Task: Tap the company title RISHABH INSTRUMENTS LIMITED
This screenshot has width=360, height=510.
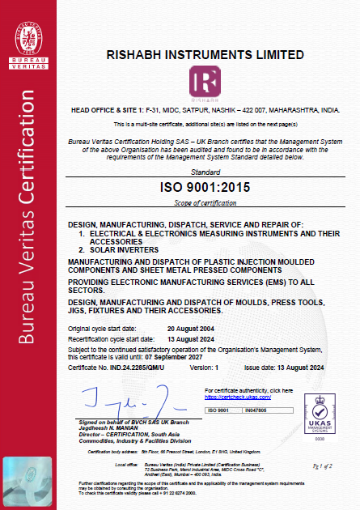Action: (205, 55)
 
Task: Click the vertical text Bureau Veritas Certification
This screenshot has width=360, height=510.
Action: (30, 267)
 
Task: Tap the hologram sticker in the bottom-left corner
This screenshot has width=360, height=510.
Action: (30, 478)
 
